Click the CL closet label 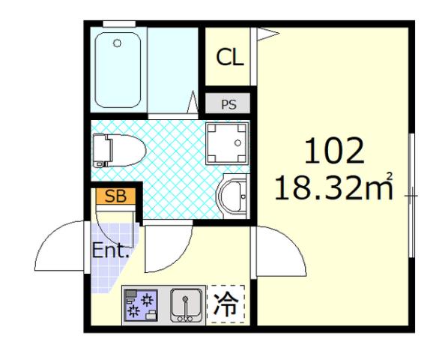pyautogui.click(x=230, y=58)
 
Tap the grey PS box pyautogui.click(x=228, y=104)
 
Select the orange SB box pyautogui.click(x=115, y=196)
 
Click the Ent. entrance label pyautogui.click(x=111, y=250)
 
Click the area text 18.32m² pyautogui.click(x=333, y=187)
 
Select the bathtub pyautogui.click(x=121, y=70)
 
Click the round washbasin pyautogui.click(x=234, y=197)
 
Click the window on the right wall pyautogui.click(x=411, y=195)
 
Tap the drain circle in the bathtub pyautogui.click(x=117, y=44)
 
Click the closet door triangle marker pyautogui.click(x=266, y=32)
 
